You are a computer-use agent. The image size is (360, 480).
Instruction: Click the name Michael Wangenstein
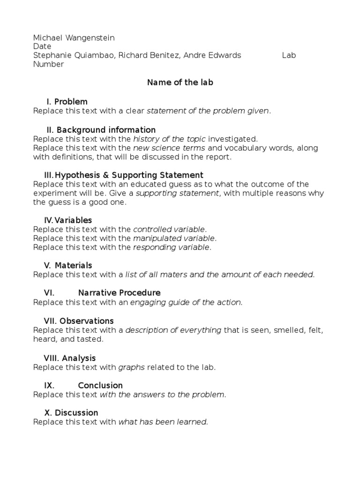[74, 38]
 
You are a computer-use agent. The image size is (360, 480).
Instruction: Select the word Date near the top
[42, 47]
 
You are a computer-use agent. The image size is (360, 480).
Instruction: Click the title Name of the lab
[180, 82]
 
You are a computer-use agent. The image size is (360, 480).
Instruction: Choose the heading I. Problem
[67, 102]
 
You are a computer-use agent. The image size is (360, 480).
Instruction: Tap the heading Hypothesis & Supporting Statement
[120, 175]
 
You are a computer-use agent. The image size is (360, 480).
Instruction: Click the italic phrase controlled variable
[169, 230]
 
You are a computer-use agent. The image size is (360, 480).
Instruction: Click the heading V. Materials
[68, 266]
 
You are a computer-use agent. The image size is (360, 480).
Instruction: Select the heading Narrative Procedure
[119, 293]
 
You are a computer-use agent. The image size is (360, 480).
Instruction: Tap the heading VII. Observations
[79, 321]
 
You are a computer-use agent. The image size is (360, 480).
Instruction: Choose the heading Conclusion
[100, 386]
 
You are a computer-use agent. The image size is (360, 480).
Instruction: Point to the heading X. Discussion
[71, 413]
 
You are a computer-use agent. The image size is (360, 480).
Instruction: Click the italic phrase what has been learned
[163, 422]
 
